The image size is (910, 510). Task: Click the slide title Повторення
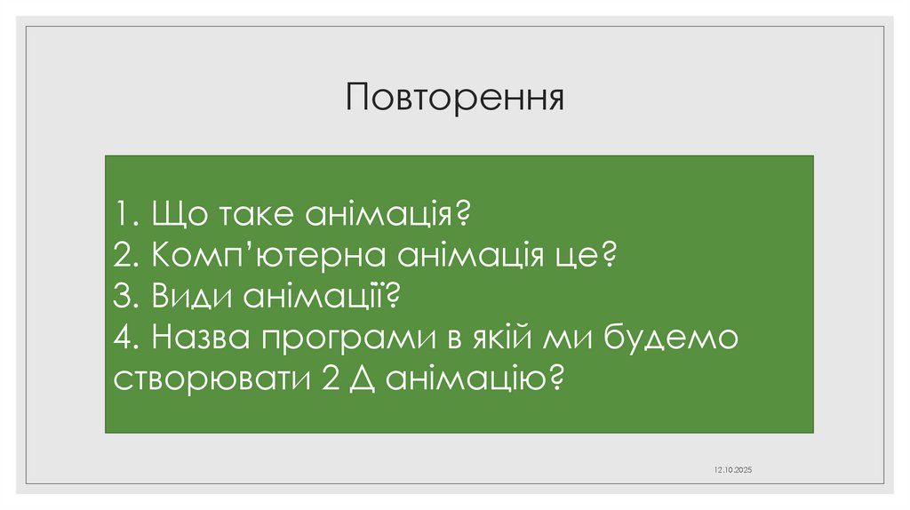pos(456,97)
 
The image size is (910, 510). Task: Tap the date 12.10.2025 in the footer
pos(733,468)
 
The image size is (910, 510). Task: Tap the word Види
pos(192,297)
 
